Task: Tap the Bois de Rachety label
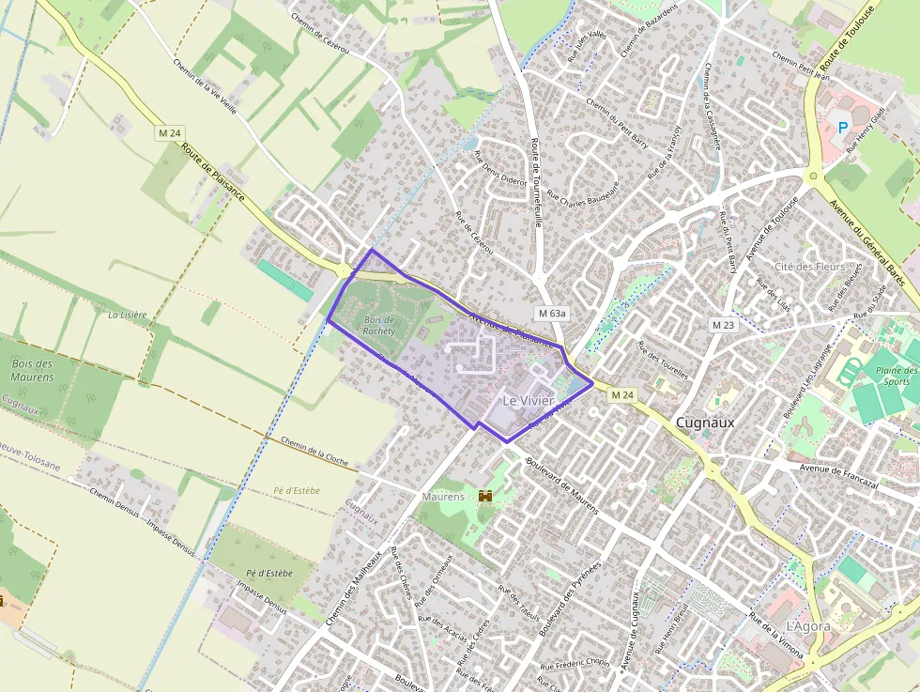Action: [379, 325]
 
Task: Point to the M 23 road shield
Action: [722, 325]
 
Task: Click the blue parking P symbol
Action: [842, 127]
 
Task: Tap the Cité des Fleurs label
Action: [809, 267]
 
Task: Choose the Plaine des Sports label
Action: [896, 376]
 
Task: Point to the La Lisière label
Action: [128, 315]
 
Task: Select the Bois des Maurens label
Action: [32, 370]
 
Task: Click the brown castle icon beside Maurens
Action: [485, 495]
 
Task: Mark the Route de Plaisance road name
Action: [213, 172]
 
